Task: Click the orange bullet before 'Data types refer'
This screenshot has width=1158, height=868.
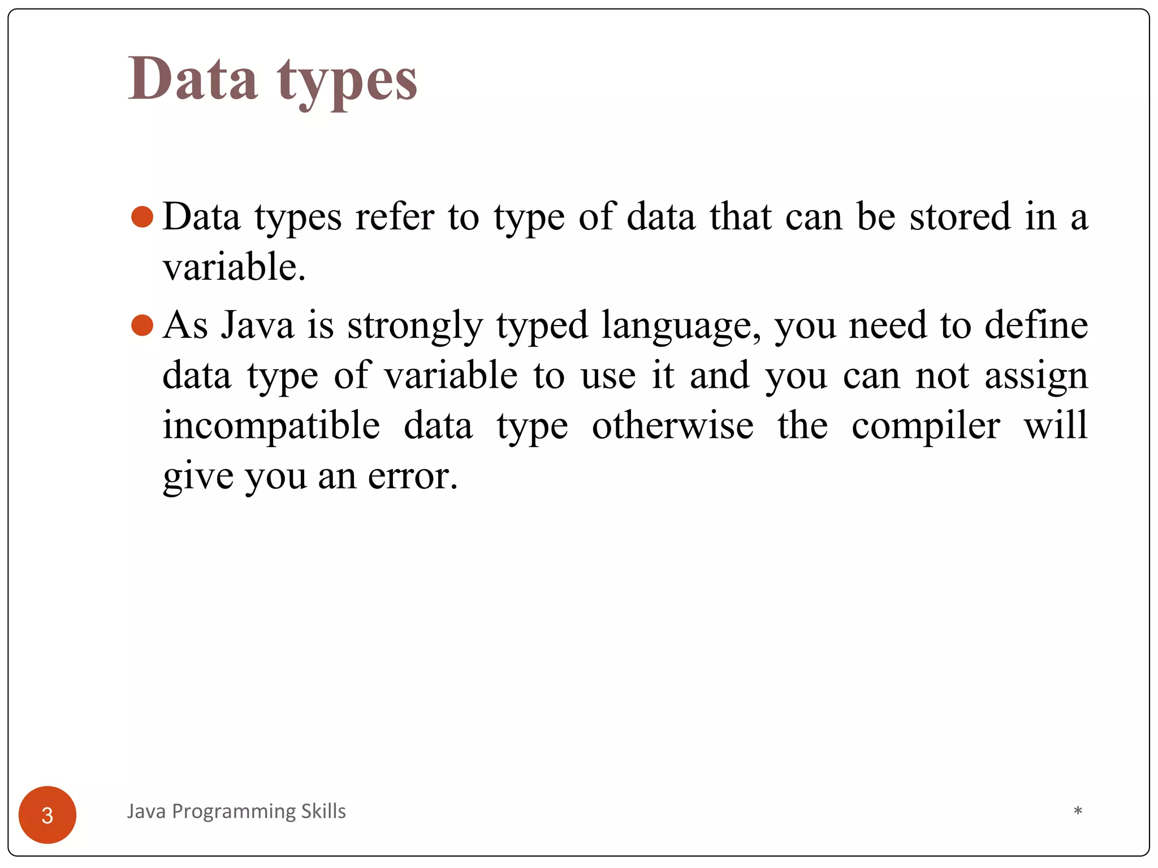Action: pyautogui.click(x=142, y=217)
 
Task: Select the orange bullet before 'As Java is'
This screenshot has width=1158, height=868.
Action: pyautogui.click(x=142, y=325)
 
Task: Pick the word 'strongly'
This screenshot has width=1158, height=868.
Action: pyautogui.click(x=415, y=326)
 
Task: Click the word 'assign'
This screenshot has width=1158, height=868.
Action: pyautogui.click(x=1036, y=376)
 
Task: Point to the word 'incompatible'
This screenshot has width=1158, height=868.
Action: pyautogui.click(x=271, y=426)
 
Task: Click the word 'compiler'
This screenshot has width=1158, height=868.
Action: pyautogui.click(x=926, y=426)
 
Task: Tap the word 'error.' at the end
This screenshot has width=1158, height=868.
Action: pyautogui.click(x=413, y=476)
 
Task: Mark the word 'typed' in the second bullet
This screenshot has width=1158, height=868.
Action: pyautogui.click(x=542, y=326)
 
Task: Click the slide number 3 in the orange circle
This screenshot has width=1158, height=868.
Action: pyautogui.click(x=47, y=815)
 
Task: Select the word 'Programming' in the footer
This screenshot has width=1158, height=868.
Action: pyautogui.click(x=234, y=812)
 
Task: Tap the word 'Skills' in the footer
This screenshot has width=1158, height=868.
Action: pyautogui.click(x=323, y=811)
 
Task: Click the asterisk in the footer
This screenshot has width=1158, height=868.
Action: pyautogui.click(x=1078, y=811)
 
